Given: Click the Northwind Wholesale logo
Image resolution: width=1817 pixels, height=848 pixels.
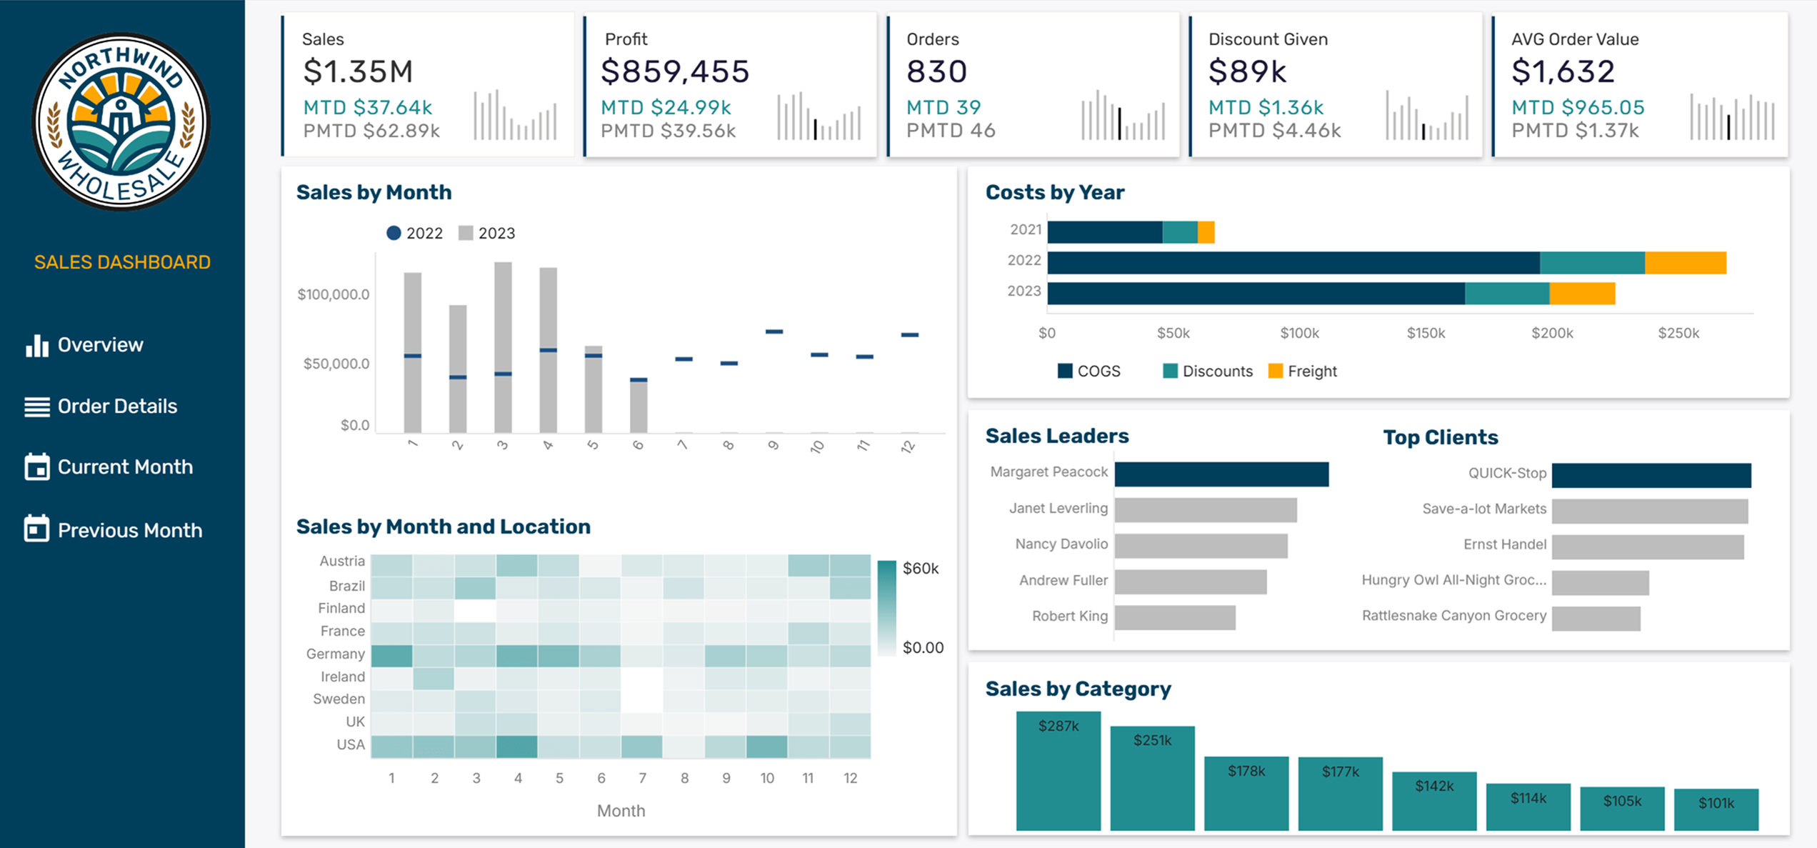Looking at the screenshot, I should pyautogui.click(x=121, y=121).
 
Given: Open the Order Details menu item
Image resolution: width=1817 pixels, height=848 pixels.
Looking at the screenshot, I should pyautogui.click(x=116, y=406).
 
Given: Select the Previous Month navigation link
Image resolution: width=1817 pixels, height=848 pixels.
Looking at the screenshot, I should pyautogui.click(x=129, y=530).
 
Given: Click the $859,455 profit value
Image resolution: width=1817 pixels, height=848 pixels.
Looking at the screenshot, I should pyautogui.click(x=675, y=71).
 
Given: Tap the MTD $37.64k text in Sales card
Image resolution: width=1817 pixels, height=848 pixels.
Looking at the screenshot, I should pyautogui.click(x=367, y=107).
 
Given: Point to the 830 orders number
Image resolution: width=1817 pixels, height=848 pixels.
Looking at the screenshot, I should pyautogui.click(x=936, y=71).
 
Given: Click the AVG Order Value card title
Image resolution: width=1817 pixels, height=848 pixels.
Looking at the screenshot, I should pyautogui.click(x=1574, y=39).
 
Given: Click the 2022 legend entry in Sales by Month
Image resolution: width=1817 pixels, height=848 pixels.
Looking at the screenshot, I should pyautogui.click(x=415, y=234).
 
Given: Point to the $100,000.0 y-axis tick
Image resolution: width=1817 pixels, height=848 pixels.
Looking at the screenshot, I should pyautogui.click(x=334, y=294).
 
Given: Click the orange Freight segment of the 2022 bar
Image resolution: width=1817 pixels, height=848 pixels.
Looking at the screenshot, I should pyautogui.click(x=1685, y=263).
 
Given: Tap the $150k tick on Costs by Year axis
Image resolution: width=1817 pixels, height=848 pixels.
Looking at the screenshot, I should pyautogui.click(x=1426, y=333).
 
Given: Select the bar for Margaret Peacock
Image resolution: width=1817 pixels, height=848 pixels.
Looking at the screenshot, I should pyautogui.click(x=1221, y=474).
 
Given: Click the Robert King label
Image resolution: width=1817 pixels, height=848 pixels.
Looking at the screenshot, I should pyautogui.click(x=1069, y=616).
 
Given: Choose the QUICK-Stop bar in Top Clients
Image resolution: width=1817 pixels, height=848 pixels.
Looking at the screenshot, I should pyautogui.click(x=1651, y=475).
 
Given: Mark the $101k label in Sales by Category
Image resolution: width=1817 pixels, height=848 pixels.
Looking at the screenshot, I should pyautogui.click(x=1716, y=803).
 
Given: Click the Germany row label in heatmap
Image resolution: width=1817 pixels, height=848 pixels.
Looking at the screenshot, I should pyautogui.click(x=335, y=654).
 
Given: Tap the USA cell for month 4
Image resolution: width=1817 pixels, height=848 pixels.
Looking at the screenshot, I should pyautogui.click(x=516, y=747).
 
